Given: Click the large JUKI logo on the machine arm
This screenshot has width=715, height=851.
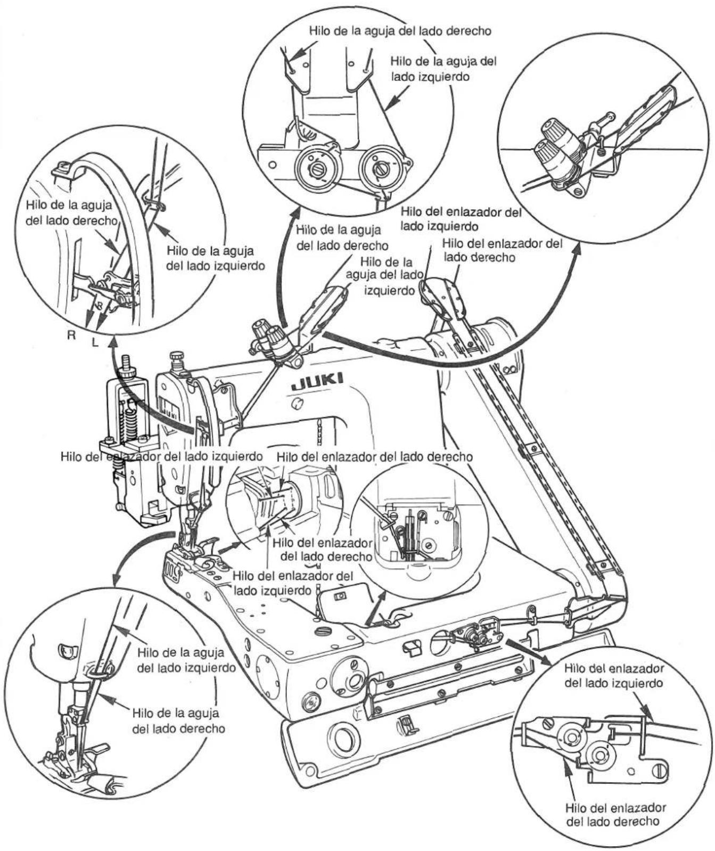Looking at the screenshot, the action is point(317,381).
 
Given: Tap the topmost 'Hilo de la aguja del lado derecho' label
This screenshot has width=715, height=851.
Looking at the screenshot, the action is point(400,30).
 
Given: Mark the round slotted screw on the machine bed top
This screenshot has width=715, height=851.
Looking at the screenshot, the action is point(322,632).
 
